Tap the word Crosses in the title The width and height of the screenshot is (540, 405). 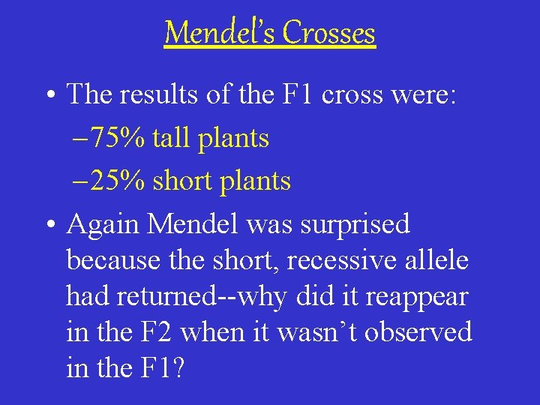coord(329,33)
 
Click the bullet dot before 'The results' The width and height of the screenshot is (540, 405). coord(49,95)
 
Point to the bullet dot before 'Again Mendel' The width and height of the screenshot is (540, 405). coord(49,224)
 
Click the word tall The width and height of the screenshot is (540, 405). coord(169,138)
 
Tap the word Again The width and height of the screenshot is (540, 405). coord(101,224)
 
